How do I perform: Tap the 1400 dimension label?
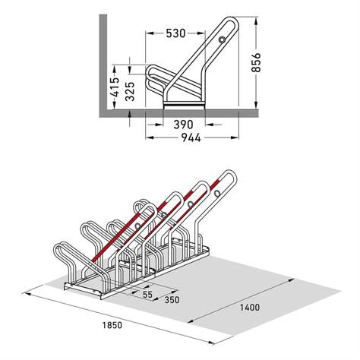250,308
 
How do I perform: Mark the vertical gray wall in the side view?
99,61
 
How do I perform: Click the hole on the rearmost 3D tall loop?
219,194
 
